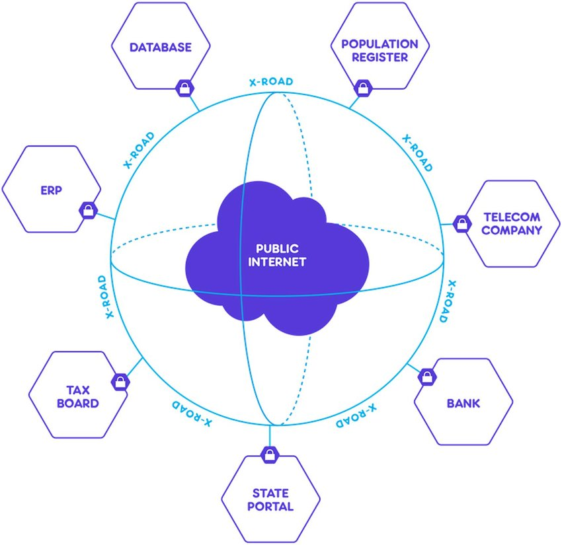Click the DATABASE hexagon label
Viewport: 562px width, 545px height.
pyautogui.click(x=161, y=48)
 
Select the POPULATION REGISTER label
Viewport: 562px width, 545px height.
pyautogui.click(x=380, y=50)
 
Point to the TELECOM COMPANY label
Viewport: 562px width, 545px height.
pyautogui.click(x=512, y=224)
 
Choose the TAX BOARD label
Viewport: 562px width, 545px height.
pyautogui.click(x=82, y=396)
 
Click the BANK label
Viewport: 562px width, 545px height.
pyautogui.click(x=463, y=403)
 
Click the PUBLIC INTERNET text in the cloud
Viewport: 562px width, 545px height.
pyautogui.click(x=277, y=255)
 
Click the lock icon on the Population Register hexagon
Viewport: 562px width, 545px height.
pyautogui.click(x=362, y=87)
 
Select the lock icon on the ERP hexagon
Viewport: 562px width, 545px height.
pyautogui.click(x=87, y=210)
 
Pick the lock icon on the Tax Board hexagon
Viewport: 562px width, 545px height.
pyautogui.click(x=120, y=382)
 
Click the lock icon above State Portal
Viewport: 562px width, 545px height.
pyautogui.click(x=270, y=454)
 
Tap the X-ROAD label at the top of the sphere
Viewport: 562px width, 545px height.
pyautogui.click(x=271, y=82)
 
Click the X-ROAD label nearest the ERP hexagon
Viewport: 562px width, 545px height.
pyautogui.click(x=139, y=150)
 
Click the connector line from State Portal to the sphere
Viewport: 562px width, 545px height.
pyautogui.click(x=270, y=436)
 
